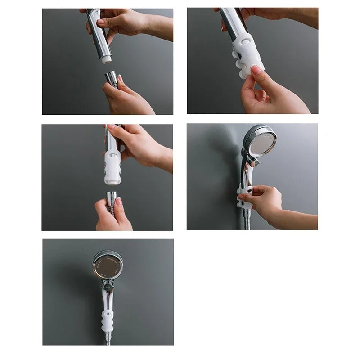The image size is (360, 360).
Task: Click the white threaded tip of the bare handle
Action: click(106, 58)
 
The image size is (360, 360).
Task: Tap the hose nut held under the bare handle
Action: click(111, 79)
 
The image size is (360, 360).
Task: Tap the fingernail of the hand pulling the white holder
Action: click(257, 69)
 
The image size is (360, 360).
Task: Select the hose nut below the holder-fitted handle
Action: click(112, 198)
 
